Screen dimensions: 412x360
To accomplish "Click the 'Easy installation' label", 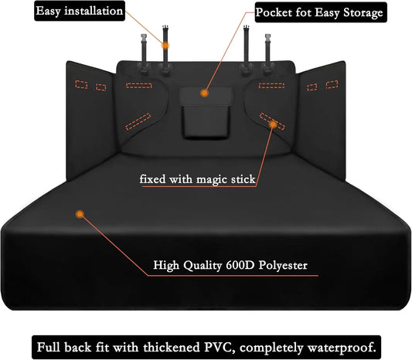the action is click(x=80, y=11).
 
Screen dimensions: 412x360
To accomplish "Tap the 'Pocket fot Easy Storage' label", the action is click(x=320, y=12).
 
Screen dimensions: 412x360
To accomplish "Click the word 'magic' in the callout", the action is click(x=212, y=179).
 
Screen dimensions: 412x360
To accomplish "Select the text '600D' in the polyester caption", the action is click(x=240, y=265).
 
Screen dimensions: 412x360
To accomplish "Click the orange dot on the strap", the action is click(x=165, y=46).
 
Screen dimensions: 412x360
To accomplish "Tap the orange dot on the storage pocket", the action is click(x=204, y=93).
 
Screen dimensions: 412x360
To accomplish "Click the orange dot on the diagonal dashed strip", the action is click(x=274, y=124).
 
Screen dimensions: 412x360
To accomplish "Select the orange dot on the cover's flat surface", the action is click(x=80, y=214).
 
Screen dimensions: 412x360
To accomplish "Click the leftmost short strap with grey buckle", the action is click(x=144, y=53).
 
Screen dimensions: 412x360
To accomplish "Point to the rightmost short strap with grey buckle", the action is click(x=267, y=53).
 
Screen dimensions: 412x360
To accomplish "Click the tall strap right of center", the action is click(x=247, y=49).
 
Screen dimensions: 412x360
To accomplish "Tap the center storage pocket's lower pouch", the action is click(x=206, y=121).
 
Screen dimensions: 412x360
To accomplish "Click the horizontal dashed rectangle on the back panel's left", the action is click(x=139, y=86).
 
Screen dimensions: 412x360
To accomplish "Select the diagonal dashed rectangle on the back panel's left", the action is click(x=138, y=121).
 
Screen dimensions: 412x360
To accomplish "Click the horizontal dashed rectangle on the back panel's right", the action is click(x=271, y=85).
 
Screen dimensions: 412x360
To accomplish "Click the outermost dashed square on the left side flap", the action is click(x=81, y=84).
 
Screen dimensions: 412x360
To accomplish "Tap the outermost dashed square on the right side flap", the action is click(x=332, y=84).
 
